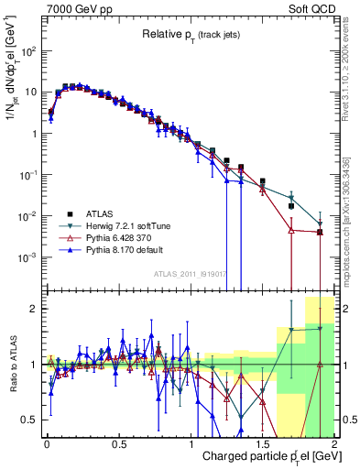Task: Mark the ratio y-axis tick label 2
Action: click(35, 309)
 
